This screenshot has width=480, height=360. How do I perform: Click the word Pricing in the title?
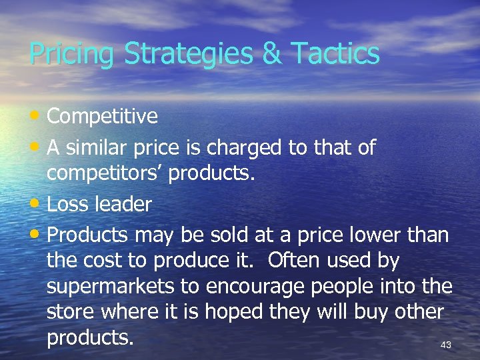pos(71,54)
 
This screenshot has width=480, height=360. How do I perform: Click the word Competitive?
pos(103,117)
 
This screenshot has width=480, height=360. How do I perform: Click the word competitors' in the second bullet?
pos(105,173)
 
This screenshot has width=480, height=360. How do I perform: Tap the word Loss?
pos(70,204)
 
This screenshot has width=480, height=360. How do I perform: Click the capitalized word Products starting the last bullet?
pos(89,235)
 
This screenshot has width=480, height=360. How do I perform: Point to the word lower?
pos(373,235)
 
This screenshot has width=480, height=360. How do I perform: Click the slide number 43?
pos(446,345)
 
